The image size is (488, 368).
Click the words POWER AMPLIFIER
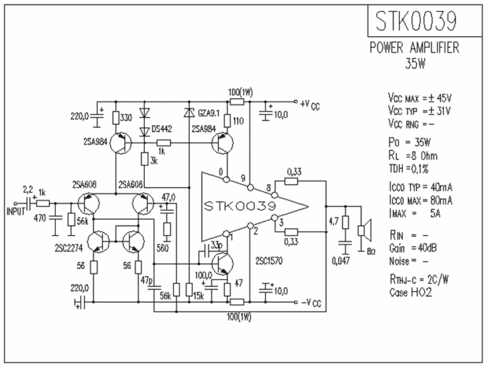point(414,50)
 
